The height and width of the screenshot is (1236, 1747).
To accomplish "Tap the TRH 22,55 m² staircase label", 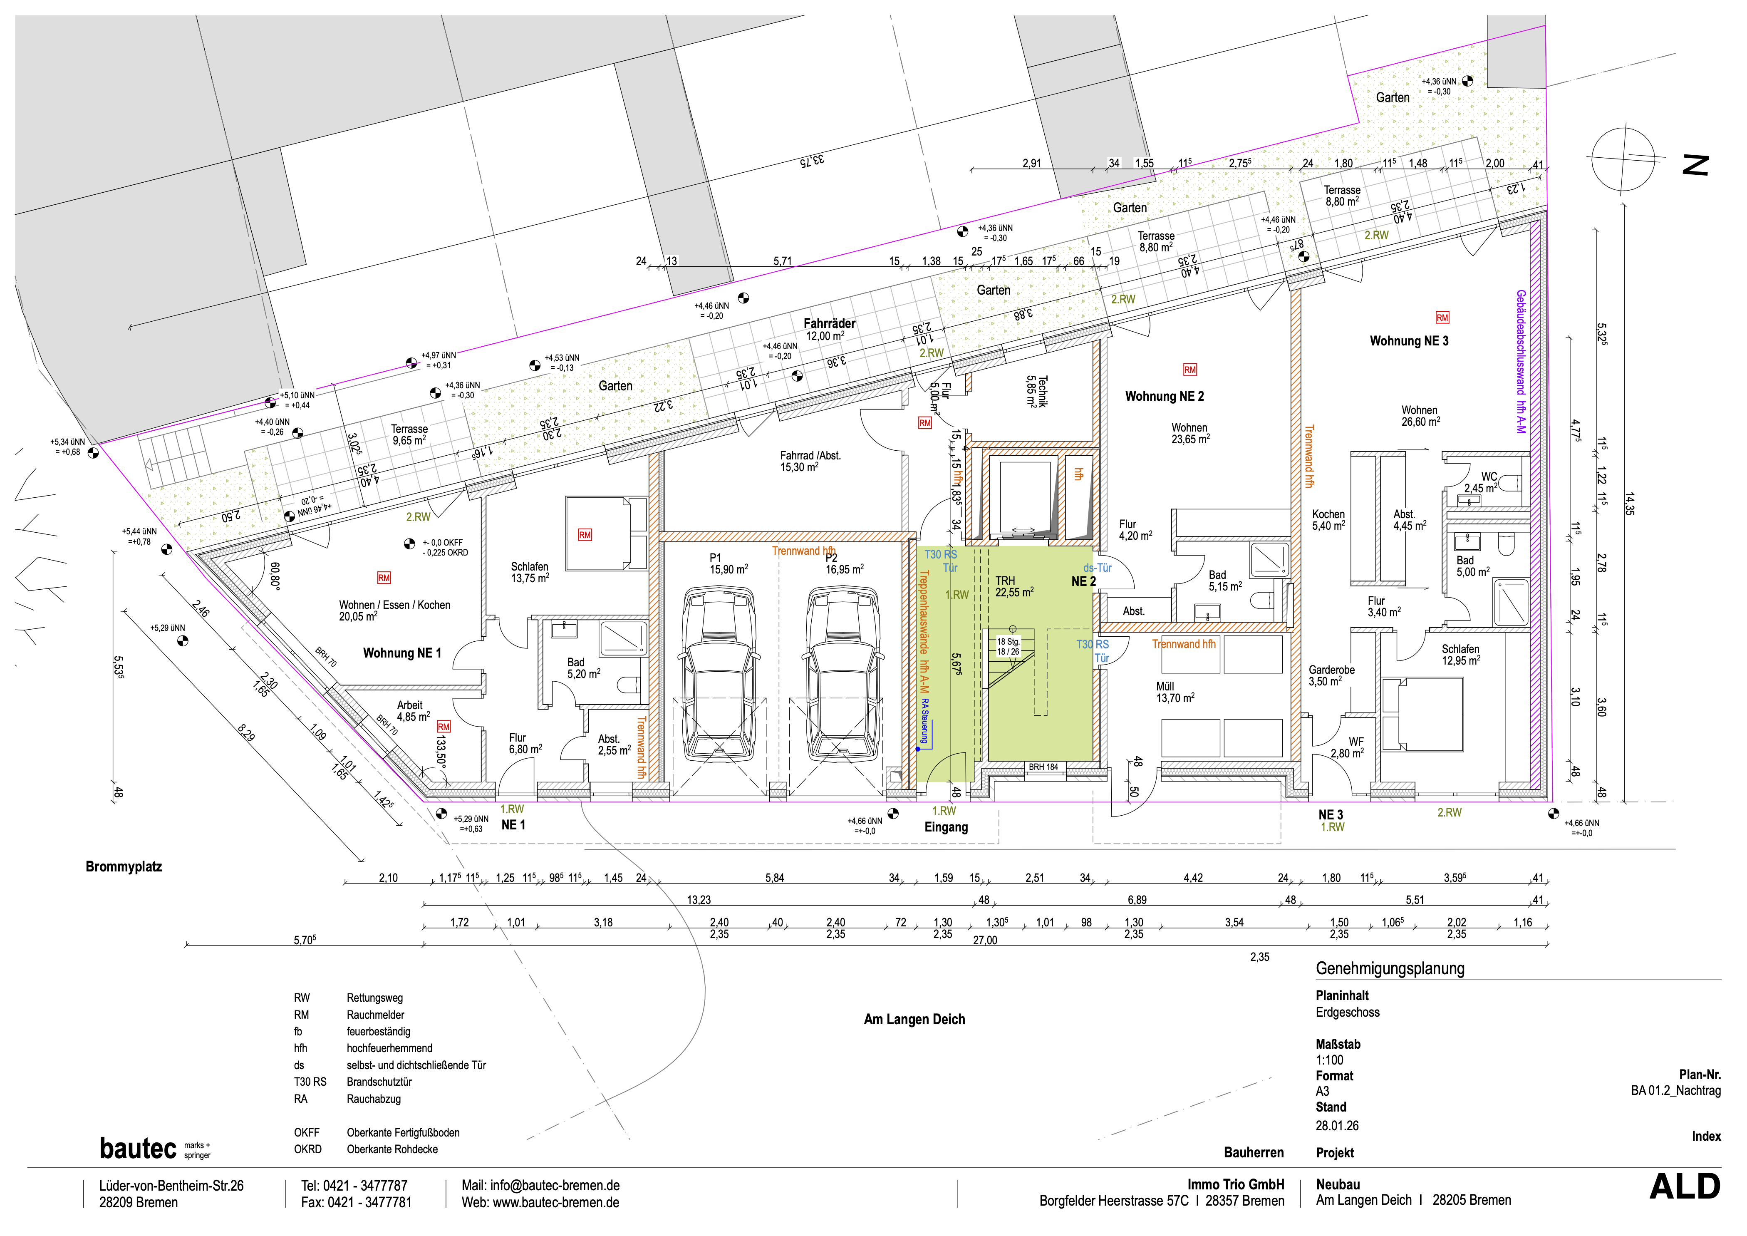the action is pos(1014,586).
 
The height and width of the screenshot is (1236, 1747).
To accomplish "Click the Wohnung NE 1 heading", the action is pos(402,653).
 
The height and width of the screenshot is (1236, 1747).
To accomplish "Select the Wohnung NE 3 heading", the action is pos(1409,341).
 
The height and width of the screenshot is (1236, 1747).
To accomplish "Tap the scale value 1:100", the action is pos(1330,1060).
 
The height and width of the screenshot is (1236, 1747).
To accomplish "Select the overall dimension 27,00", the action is pos(985,941).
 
